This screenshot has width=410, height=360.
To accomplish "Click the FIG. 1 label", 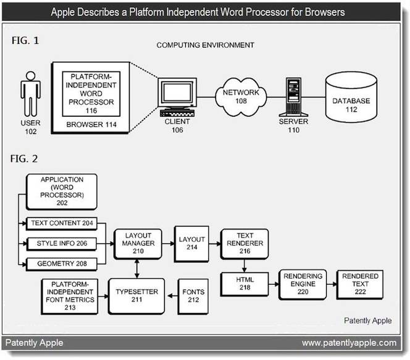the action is (x=25, y=41).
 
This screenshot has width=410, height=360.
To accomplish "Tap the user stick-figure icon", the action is (x=31, y=94).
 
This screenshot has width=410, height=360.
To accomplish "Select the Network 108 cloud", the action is (x=241, y=97).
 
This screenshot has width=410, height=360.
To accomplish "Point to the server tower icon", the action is (x=294, y=97).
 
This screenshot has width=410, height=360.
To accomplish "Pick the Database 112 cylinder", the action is (x=351, y=97).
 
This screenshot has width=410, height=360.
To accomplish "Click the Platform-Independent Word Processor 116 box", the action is (x=91, y=94).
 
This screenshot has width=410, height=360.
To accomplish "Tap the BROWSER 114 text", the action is (x=91, y=125).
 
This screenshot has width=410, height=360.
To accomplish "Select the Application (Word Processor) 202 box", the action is (x=62, y=191).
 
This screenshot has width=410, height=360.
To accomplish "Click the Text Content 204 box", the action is (x=62, y=224).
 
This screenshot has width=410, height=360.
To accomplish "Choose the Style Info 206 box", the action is (x=62, y=244).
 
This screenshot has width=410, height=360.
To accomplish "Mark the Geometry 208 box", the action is (x=62, y=264).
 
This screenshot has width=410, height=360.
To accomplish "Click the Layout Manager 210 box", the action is (x=138, y=244).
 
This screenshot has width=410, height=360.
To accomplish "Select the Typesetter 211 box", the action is (x=136, y=296).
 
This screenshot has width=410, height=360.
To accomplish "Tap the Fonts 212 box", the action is (x=193, y=296).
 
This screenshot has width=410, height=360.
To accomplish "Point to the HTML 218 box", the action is (x=245, y=284).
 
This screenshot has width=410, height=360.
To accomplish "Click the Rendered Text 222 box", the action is (x=360, y=284).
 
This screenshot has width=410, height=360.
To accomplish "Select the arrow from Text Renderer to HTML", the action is (x=245, y=266).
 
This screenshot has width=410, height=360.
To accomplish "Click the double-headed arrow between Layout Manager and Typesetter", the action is (x=136, y=269).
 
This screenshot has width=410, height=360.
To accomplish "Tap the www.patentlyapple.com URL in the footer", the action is (x=349, y=343).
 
